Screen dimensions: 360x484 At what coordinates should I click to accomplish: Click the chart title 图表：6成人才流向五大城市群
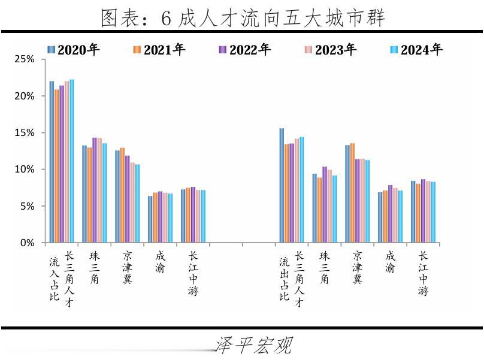242,17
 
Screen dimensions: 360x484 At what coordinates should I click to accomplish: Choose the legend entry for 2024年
416,50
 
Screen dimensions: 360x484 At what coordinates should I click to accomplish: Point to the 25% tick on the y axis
25,59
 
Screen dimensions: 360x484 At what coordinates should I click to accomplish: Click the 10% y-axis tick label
25,170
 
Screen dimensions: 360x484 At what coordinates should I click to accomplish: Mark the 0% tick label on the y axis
28,243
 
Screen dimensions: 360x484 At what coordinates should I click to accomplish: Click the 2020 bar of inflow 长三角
52,162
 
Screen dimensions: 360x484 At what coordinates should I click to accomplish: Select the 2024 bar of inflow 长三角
72,161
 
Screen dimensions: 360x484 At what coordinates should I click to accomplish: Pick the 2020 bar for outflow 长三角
282,186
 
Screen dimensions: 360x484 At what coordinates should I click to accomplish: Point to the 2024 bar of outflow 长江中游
433,212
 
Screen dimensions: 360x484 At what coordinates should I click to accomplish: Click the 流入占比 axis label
55,279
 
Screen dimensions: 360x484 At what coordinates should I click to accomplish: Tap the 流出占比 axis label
285,279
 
